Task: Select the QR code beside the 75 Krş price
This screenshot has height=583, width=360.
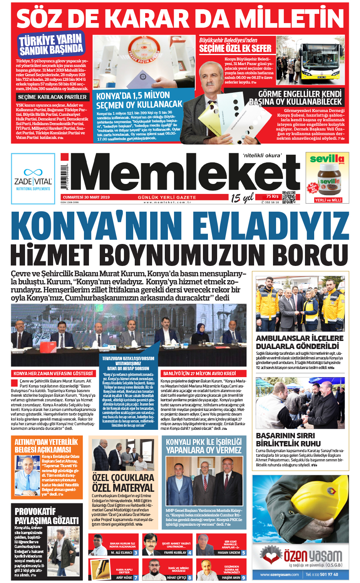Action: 288,197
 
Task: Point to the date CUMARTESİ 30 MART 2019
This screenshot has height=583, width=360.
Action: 86,197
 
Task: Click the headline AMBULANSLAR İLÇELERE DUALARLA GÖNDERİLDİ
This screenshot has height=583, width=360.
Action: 300,342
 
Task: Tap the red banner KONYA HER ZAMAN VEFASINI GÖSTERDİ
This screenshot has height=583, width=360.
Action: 53,373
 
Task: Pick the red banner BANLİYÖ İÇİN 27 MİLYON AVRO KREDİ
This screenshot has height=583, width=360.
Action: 199,373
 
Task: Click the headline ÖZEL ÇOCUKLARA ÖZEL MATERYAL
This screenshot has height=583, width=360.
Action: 123,483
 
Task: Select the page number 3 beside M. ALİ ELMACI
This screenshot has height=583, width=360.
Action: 136,553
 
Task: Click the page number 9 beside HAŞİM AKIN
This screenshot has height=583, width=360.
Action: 244,578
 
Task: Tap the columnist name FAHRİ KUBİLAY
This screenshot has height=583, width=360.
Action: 175,553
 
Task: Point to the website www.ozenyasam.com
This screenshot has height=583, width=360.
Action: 280,575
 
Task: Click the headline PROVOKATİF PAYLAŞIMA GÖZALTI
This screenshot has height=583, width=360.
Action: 46,516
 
